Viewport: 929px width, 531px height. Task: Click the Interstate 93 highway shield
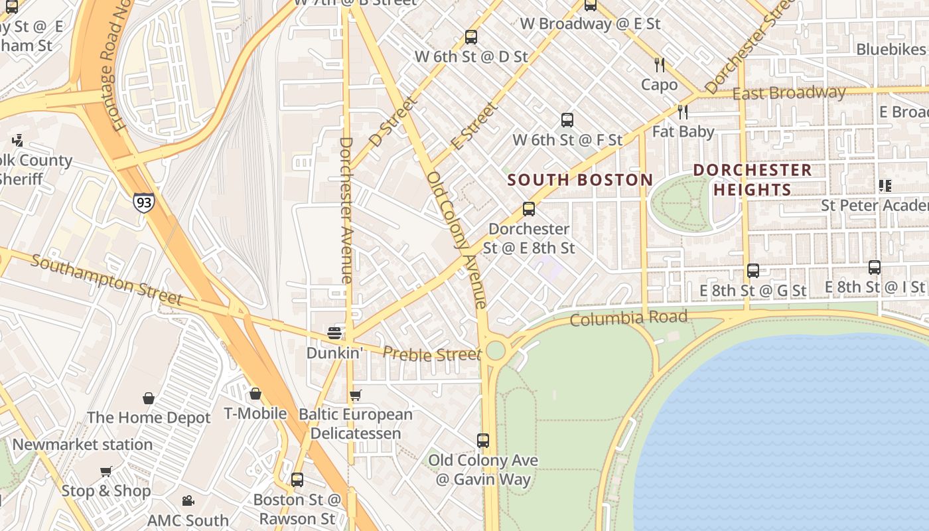[x=143, y=201]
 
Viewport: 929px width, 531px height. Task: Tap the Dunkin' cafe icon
[x=334, y=333]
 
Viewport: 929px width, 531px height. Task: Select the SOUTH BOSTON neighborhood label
[x=580, y=180]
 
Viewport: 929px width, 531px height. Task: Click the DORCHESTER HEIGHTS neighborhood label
[x=752, y=180]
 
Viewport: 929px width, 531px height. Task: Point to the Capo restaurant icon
[x=659, y=65]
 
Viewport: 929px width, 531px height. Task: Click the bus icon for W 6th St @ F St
[x=567, y=120]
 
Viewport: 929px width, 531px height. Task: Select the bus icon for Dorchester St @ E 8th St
[x=529, y=209]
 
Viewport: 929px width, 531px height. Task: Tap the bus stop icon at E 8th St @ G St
[x=752, y=271]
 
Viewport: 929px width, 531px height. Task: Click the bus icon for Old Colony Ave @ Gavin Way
[x=483, y=440]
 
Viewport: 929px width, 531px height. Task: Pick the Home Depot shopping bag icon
[x=149, y=398]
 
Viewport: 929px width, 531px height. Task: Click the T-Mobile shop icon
[x=255, y=394]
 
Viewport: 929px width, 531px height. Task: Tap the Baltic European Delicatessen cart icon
[x=356, y=396]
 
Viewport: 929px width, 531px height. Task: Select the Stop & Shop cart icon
[x=106, y=472]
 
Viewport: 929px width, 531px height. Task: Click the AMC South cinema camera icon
[x=188, y=500]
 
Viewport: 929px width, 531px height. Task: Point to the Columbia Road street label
[x=628, y=319]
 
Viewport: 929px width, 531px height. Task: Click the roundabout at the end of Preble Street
[x=495, y=350]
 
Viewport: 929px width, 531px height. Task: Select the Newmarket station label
[x=82, y=445]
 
